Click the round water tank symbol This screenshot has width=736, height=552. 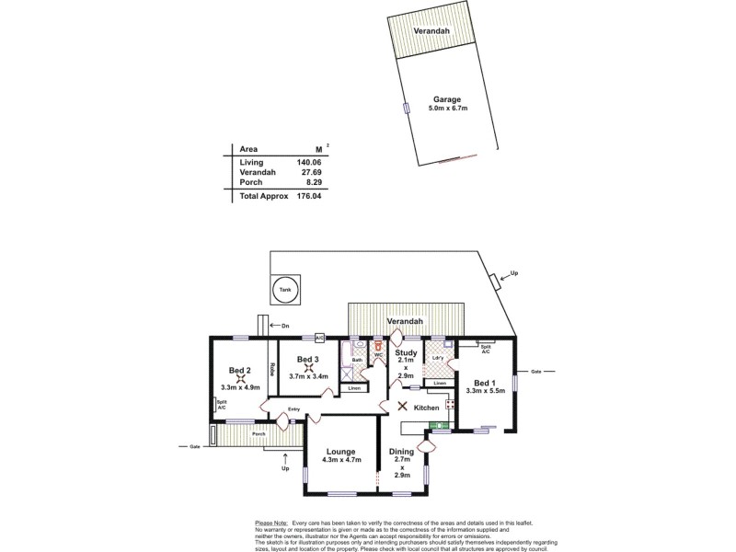(x=286, y=289)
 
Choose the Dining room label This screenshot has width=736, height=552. (x=402, y=452)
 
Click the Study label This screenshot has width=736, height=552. (x=406, y=352)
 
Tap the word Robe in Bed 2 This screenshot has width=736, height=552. (x=272, y=369)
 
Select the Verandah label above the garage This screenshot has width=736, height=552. (x=431, y=30)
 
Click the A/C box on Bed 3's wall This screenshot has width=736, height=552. (x=320, y=337)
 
